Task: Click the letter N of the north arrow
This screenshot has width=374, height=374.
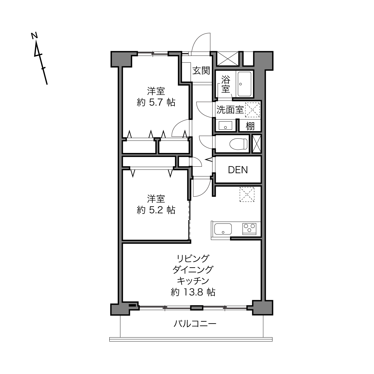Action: (34, 36)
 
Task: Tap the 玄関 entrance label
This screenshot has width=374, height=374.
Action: (201, 70)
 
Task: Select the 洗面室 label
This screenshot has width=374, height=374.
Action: (230, 110)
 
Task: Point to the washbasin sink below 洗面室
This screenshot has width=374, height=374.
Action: (225, 125)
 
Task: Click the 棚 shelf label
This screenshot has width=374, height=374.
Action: (250, 126)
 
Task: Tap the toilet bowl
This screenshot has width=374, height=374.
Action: (238, 144)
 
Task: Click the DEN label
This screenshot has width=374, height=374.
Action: (238, 170)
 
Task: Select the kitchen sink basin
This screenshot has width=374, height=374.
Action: (223, 229)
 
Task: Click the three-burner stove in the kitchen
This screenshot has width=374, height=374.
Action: (249, 229)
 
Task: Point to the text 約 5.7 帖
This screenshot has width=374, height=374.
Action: (156, 102)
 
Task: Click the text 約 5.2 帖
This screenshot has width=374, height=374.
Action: (156, 210)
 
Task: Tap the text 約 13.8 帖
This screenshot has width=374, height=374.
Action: (193, 292)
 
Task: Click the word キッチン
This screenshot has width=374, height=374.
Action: (193, 280)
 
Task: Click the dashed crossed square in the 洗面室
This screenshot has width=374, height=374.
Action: (252, 110)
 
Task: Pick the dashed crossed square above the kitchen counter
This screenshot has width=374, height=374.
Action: (247, 194)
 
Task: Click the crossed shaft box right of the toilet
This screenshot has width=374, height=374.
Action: (256, 144)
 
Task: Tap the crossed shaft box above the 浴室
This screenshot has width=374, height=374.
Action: (227, 59)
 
